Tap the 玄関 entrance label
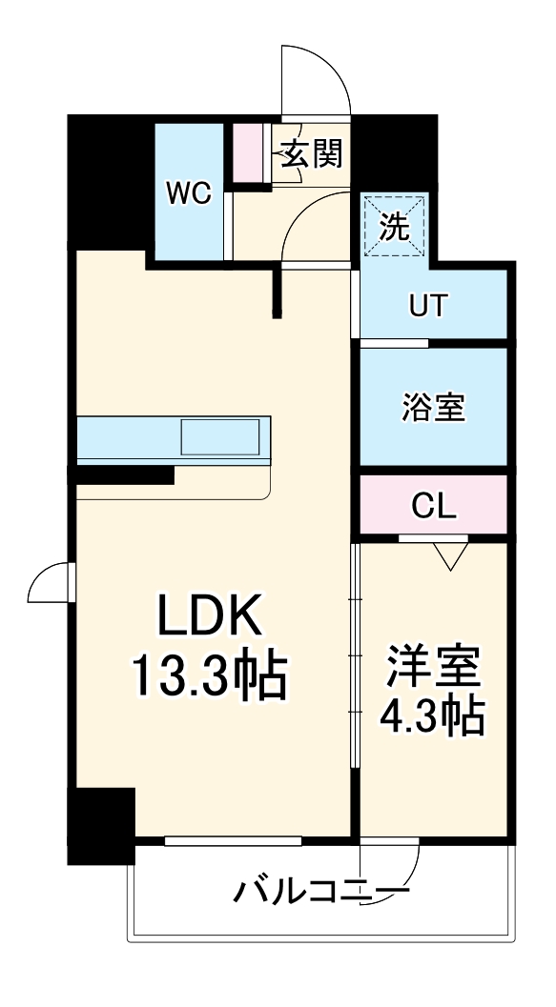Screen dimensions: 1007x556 point(311,153)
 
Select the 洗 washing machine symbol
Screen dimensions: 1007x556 point(394,226)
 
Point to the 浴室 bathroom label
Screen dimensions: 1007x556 point(432,407)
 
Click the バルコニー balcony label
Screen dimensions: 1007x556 point(317,893)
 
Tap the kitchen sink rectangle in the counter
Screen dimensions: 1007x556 point(219,438)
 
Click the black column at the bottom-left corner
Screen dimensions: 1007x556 point(100,824)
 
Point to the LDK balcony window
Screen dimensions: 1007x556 point(233,841)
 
